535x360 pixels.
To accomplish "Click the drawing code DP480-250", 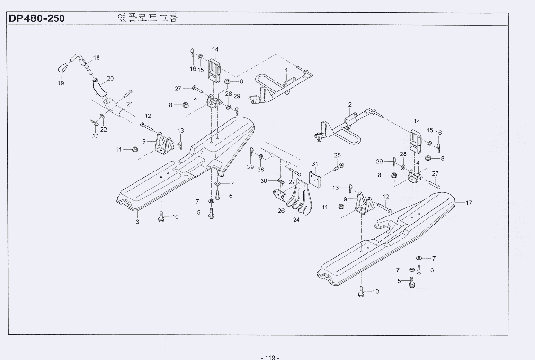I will (36, 19).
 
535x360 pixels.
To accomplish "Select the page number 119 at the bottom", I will (270, 357).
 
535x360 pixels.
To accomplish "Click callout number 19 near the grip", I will (61, 83).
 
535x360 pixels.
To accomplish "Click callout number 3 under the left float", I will (137, 222).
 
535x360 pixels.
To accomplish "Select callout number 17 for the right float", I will (469, 203).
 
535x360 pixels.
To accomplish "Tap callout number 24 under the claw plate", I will (297, 220).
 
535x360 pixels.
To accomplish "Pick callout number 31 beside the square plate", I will (314, 164).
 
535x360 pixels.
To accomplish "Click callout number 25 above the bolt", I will (337, 155).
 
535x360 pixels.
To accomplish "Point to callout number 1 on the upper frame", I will (286, 70).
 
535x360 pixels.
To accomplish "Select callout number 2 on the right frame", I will (349, 104).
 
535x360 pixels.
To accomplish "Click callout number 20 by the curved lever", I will (110, 78).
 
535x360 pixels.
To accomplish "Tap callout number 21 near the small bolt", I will (130, 104).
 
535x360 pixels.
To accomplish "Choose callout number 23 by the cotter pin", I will (96, 136).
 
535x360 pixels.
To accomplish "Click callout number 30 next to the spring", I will (264, 180).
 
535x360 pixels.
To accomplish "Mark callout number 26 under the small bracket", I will (281, 211).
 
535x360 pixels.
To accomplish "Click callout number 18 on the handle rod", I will (97, 58).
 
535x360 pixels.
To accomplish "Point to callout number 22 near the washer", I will (104, 129).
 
